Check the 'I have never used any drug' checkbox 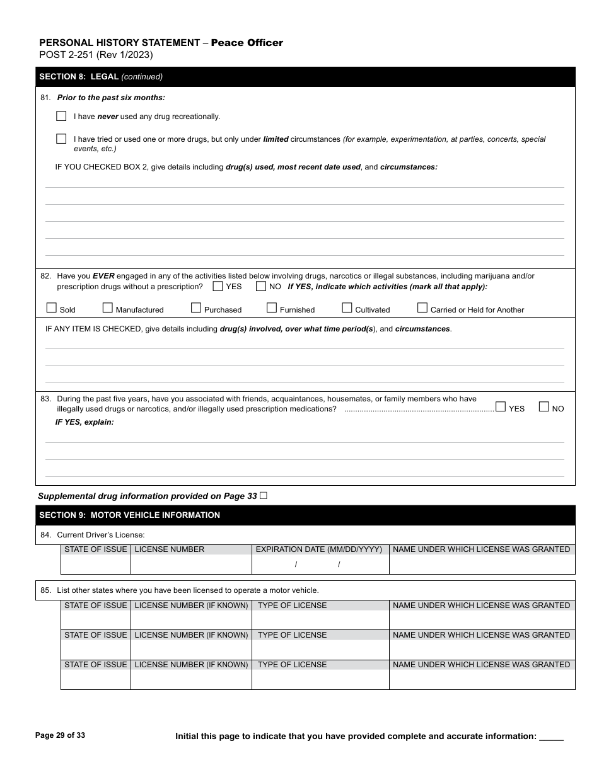point(61,116)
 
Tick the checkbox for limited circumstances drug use point(61,139)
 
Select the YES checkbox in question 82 point(218,286)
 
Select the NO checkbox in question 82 point(260,286)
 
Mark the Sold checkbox point(52,308)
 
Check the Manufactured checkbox point(108,308)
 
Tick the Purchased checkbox point(196,308)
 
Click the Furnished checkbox point(272,308)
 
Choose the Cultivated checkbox point(347,308)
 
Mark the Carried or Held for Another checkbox point(422,308)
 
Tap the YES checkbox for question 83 point(501,407)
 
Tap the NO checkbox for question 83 point(544,407)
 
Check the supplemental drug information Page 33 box point(264,496)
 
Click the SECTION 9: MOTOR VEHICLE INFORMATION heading point(129,515)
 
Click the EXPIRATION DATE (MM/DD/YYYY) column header point(319,549)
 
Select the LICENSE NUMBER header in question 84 point(170,549)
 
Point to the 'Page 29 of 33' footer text point(60,735)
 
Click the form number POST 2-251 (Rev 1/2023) point(96,55)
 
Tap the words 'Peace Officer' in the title point(247,43)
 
